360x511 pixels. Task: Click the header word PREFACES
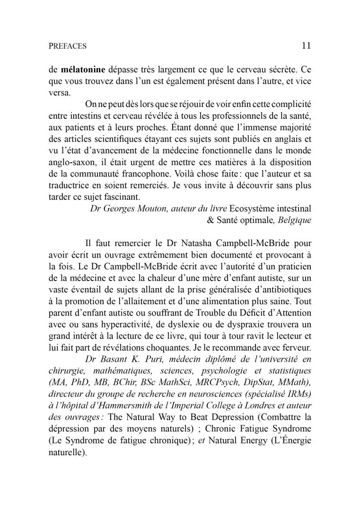click(68, 46)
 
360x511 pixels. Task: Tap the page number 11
click(306, 46)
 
